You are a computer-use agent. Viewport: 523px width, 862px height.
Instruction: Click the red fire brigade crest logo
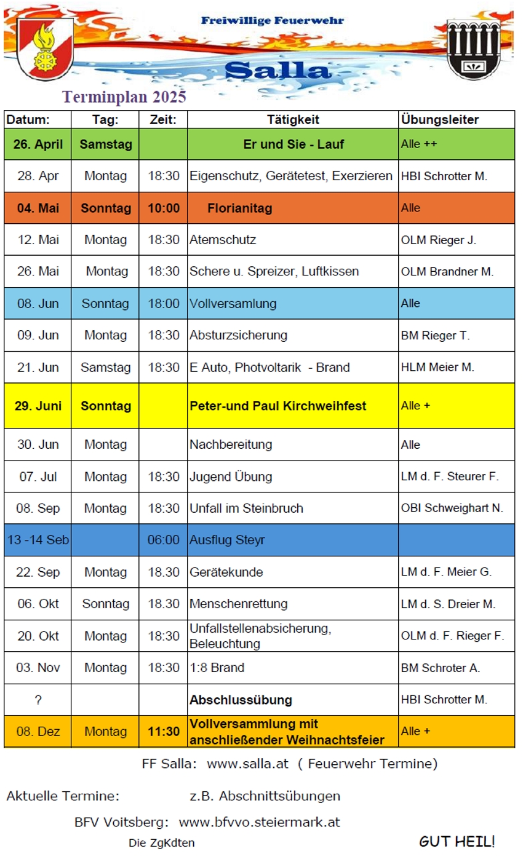tap(45, 49)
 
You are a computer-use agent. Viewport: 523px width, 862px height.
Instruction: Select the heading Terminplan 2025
tap(124, 97)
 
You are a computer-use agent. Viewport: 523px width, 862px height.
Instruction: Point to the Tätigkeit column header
tap(293, 120)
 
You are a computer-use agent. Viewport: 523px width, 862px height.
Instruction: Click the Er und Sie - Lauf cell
tap(293, 144)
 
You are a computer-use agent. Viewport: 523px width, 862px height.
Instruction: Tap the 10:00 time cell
tap(164, 208)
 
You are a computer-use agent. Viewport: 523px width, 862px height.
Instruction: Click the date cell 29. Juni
tap(38, 406)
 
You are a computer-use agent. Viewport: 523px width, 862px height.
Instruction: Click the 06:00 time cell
tap(164, 540)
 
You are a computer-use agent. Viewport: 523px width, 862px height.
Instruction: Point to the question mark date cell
tap(38, 700)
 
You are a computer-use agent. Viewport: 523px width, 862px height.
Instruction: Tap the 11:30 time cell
tap(164, 732)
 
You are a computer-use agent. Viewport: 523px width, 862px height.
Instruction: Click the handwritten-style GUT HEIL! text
tap(457, 842)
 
